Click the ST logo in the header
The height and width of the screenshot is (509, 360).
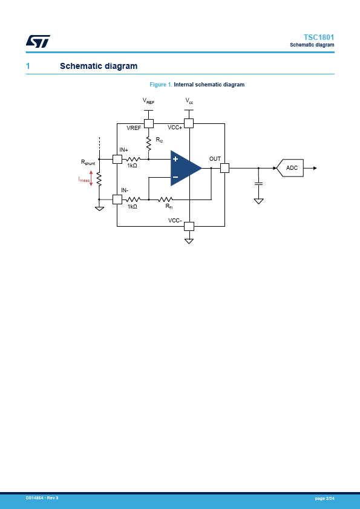point(38,41)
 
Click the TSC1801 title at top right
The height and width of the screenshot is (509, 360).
point(319,37)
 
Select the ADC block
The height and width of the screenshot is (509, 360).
point(290,168)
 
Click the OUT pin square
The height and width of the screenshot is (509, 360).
point(224,168)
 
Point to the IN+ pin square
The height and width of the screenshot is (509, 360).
point(117,159)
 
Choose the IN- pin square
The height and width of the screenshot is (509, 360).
point(117,199)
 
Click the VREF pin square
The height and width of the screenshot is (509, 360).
point(149,124)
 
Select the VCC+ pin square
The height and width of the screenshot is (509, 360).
point(189,123)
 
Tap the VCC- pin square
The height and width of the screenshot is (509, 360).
point(189,226)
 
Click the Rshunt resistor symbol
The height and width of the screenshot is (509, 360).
point(99,180)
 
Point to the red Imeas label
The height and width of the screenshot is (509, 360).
point(84,179)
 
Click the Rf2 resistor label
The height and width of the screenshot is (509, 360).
point(159,140)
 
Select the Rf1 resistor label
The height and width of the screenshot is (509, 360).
point(169,207)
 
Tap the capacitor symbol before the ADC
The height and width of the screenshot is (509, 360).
point(258,184)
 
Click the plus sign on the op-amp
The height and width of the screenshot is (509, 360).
point(175,159)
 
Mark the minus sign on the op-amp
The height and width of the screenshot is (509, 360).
point(175,177)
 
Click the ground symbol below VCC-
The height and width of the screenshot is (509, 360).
point(189,241)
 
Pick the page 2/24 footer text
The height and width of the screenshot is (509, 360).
point(324,498)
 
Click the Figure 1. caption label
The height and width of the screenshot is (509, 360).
point(161,85)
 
